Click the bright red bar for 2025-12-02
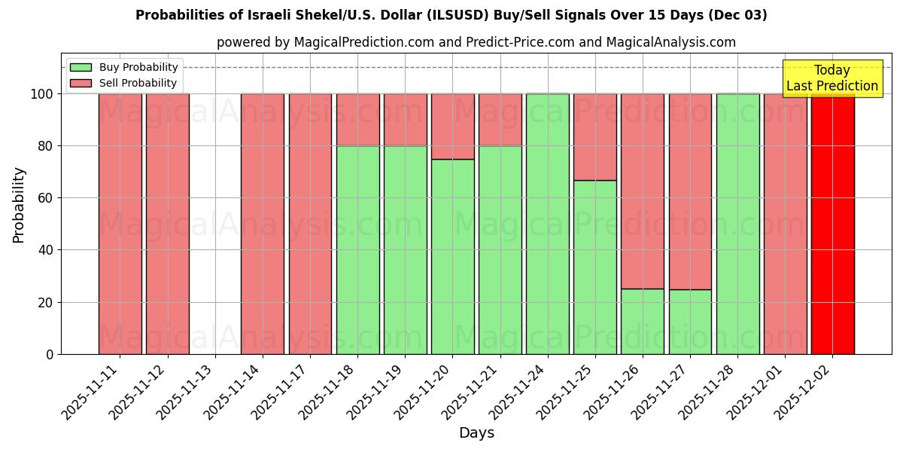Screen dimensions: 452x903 point(832,224)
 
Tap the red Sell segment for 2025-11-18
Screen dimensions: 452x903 point(357,120)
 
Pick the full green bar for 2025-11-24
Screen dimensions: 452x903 point(548,224)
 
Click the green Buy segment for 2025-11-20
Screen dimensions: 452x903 point(452,256)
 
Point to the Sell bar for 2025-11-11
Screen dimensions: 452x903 point(120,224)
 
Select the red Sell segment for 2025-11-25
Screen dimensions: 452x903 point(595,137)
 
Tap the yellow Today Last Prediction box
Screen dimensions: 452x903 point(832,78)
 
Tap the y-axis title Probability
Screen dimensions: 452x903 point(19,204)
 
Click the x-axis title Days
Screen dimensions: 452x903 point(476,433)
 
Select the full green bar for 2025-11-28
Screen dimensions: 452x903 point(737,224)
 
